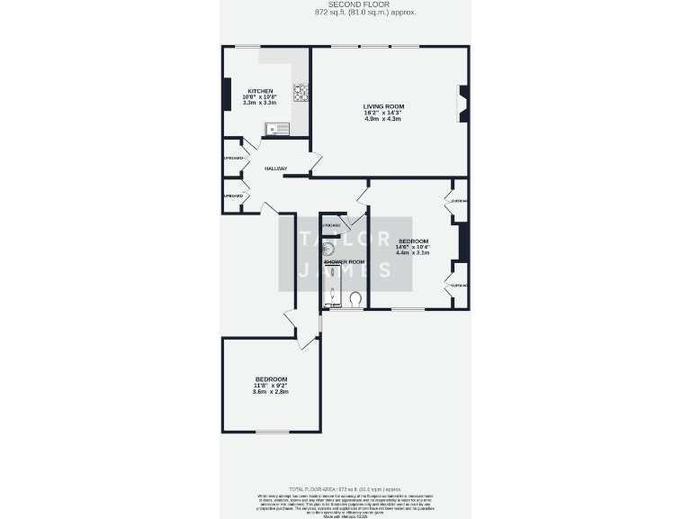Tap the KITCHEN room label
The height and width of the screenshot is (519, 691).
tap(260, 91)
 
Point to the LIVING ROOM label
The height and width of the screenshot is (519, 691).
tap(383, 106)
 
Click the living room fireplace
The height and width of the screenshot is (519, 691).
tap(463, 104)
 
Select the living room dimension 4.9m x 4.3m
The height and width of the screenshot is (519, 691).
tap(383, 118)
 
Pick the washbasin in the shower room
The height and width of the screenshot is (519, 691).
tap(330, 249)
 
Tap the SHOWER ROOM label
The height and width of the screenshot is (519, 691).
tap(344, 262)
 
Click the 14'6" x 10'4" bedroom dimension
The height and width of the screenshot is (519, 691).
tap(413, 247)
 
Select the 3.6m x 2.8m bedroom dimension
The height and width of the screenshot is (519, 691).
tap(271, 392)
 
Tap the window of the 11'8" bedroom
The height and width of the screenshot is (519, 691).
tap(273, 432)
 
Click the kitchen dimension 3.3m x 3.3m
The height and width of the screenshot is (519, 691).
tap(260, 103)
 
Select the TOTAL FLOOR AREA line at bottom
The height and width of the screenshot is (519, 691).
tap(345, 487)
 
